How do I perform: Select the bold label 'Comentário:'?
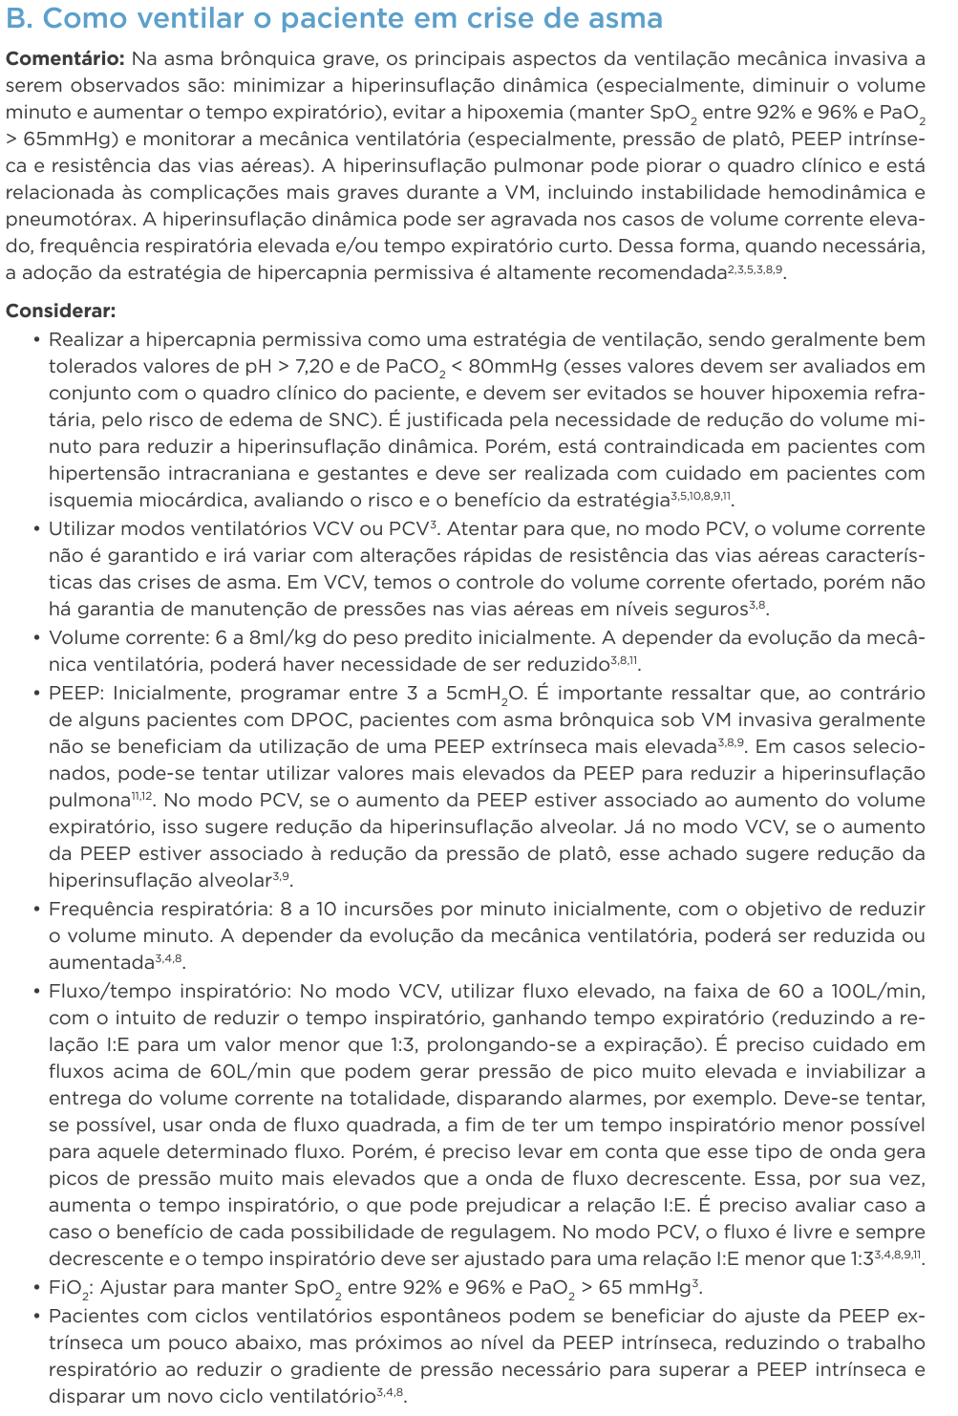64,58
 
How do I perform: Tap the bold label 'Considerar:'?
61,311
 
